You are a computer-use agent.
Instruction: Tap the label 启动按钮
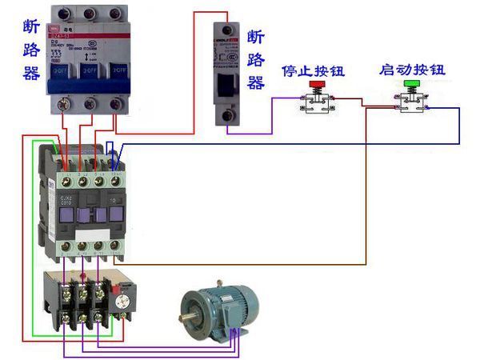[412, 70]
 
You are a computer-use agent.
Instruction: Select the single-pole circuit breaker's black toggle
[228, 85]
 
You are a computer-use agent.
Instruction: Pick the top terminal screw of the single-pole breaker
[229, 30]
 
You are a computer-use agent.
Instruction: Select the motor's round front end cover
[196, 311]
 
